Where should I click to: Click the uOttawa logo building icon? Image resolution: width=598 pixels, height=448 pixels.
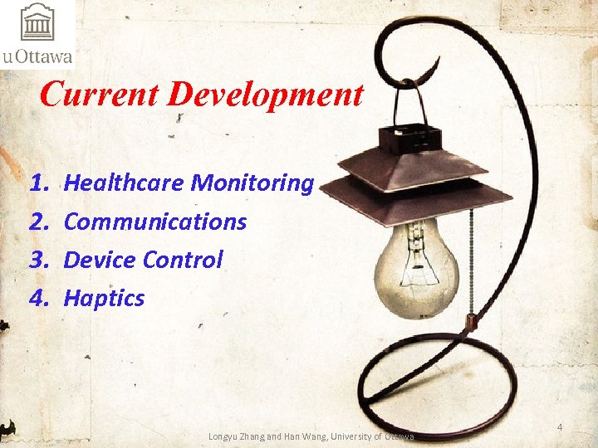pyautogui.click(x=37, y=22)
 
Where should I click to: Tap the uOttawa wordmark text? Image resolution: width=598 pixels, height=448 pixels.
pyautogui.click(x=37, y=57)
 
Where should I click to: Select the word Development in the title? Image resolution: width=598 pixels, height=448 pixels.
pyautogui.click(x=265, y=95)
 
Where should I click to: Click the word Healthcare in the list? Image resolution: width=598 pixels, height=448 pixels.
pyautogui.click(x=124, y=183)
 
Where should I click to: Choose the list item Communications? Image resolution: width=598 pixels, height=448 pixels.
pyautogui.click(x=155, y=222)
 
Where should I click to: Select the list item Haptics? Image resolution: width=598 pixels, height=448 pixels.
pyautogui.click(x=104, y=298)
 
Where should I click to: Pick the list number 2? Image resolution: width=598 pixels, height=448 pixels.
pyautogui.click(x=37, y=222)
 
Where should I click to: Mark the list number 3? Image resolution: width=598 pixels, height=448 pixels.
pyautogui.click(x=37, y=260)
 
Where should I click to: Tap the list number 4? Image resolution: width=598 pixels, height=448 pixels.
pyautogui.click(x=37, y=298)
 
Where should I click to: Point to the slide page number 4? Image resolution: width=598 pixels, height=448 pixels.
pyautogui.click(x=560, y=427)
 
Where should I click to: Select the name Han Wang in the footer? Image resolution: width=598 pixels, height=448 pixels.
pyautogui.click(x=309, y=436)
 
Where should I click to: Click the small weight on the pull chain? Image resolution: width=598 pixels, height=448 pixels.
pyautogui.click(x=470, y=320)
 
